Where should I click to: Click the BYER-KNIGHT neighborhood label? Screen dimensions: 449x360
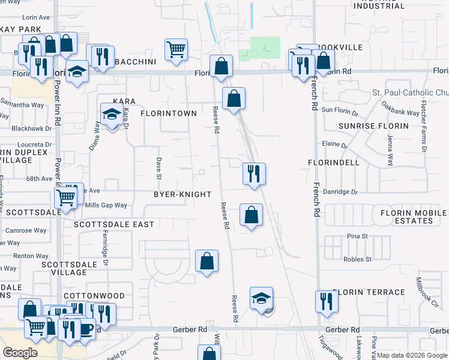(x=182, y=194)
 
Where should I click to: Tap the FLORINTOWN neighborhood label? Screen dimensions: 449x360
(x=169, y=113)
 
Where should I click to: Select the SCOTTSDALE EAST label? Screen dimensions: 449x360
(x=114, y=224)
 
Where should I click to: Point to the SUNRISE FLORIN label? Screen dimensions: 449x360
(x=373, y=127)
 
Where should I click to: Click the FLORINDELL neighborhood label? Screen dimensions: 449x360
(x=334, y=163)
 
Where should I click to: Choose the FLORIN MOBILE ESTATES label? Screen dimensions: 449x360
(x=414, y=217)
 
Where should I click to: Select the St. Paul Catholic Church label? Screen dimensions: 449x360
(x=411, y=93)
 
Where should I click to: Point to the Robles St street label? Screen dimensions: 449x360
(x=357, y=259)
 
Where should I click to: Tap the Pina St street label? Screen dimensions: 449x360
(x=357, y=236)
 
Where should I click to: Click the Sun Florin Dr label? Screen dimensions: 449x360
(x=340, y=110)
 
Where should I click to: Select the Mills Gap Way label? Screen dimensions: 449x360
(x=106, y=205)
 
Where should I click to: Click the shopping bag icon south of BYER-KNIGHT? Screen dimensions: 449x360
(x=206, y=261)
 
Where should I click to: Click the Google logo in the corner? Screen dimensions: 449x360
(x=20, y=352)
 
